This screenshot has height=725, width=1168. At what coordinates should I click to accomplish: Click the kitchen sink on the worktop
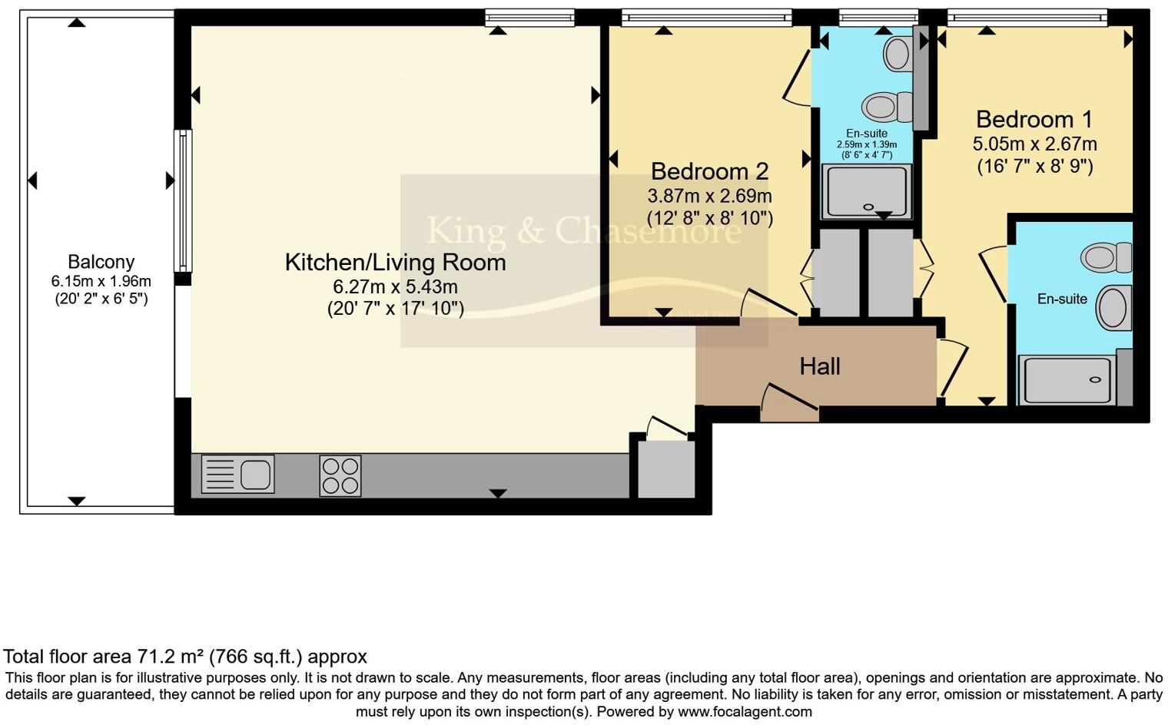click(x=237, y=474)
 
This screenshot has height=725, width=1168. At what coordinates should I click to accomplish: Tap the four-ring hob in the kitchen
click(x=340, y=475)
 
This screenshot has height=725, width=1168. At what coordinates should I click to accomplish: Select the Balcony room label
click(x=101, y=262)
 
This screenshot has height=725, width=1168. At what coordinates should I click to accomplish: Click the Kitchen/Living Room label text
click(x=395, y=263)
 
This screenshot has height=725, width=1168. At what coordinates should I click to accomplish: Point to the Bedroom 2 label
click(x=709, y=170)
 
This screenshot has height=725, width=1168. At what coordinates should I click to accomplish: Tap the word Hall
click(x=819, y=366)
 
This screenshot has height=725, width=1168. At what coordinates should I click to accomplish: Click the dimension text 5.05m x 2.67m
click(x=1034, y=144)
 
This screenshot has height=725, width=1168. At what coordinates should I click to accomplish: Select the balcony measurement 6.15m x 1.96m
click(x=101, y=281)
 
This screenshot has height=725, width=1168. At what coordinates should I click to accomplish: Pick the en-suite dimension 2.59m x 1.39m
click(x=867, y=144)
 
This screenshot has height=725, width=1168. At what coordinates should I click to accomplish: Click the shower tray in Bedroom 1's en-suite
click(x=1067, y=380)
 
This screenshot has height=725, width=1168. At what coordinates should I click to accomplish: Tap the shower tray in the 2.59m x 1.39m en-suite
click(x=867, y=192)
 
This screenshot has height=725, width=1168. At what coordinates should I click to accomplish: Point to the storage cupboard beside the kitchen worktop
click(x=666, y=468)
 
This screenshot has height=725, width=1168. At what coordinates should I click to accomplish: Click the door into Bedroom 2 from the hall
click(x=768, y=305)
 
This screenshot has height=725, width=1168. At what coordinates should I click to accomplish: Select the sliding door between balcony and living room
click(x=183, y=201)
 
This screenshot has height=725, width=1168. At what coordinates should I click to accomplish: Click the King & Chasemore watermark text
click(x=583, y=230)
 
